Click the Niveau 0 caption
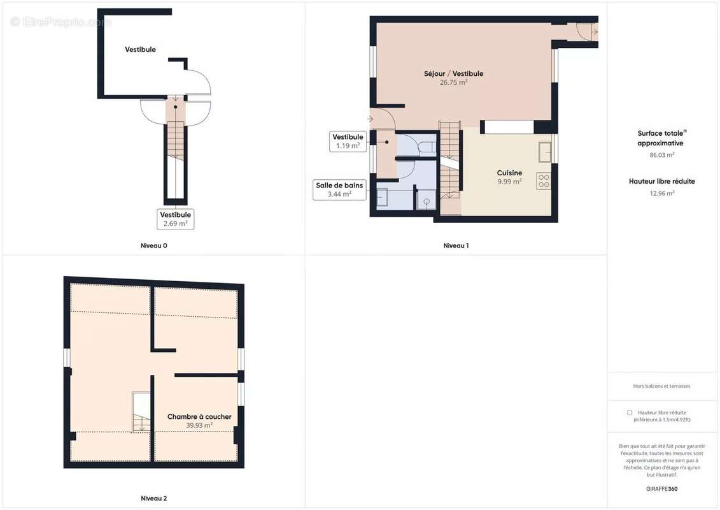(x=154, y=245)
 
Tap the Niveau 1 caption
(x=456, y=245)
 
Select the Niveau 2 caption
(x=154, y=498)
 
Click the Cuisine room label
(x=509, y=173)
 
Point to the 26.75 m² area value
(x=454, y=82)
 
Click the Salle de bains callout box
(x=339, y=189)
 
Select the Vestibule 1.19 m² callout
(x=348, y=141)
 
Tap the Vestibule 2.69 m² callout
(x=176, y=219)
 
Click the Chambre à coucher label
(x=199, y=417)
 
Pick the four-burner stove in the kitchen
(x=544, y=180)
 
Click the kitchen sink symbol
(x=544, y=152)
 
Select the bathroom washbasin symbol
(x=382, y=197)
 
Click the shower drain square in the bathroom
(x=427, y=201)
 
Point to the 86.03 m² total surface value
(x=661, y=155)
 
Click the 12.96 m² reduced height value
(x=661, y=193)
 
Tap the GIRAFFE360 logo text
(x=661, y=489)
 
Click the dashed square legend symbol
(x=630, y=412)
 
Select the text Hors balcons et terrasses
(x=661, y=386)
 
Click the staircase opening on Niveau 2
(x=141, y=412)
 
